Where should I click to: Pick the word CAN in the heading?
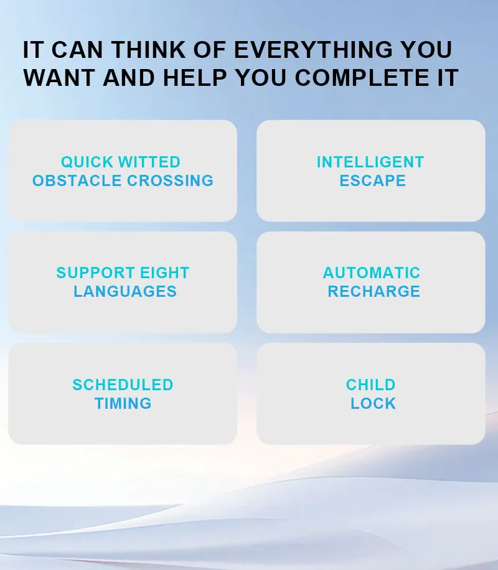click(77, 50)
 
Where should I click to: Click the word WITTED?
click(149, 162)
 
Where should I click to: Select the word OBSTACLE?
click(77, 181)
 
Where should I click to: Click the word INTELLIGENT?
click(370, 162)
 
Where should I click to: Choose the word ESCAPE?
click(372, 181)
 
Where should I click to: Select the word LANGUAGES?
click(125, 292)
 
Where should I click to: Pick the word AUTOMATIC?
click(372, 273)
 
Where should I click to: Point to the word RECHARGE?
click(374, 292)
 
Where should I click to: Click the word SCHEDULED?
click(123, 385)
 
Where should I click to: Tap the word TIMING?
click(123, 404)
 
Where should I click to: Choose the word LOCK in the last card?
click(374, 404)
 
